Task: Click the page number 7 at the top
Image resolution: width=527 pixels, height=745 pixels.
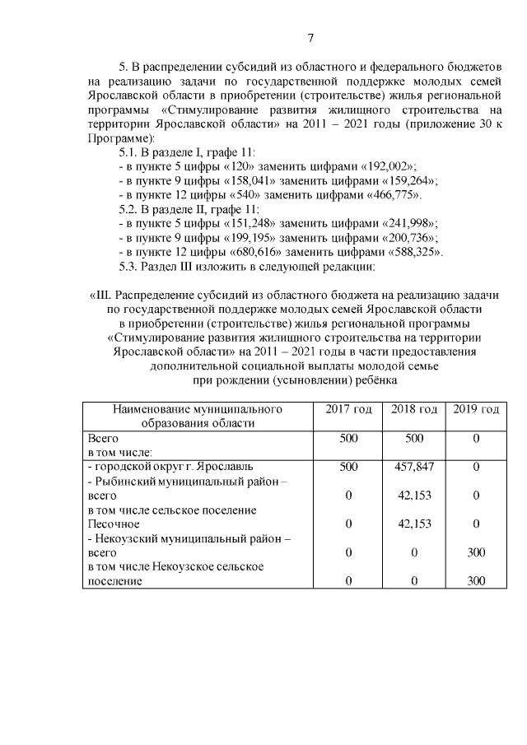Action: pyautogui.click(x=310, y=38)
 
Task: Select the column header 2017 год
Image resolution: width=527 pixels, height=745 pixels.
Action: pyautogui.click(x=348, y=409)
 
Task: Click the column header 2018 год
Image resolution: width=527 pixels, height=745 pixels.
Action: pyautogui.click(x=413, y=409)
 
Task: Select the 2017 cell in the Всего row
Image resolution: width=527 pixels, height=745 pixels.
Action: pyautogui.click(x=348, y=439)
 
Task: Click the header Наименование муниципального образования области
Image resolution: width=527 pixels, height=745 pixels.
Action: pyautogui.click(x=197, y=416)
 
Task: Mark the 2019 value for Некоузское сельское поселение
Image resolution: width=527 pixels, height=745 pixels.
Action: pyautogui.click(x=476, y=581)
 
